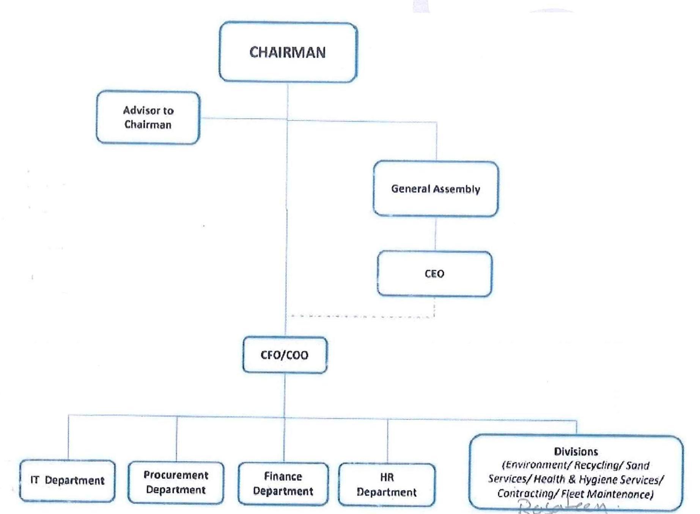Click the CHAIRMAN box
[x=288, y=52]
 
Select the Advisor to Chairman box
[x=148, y=117]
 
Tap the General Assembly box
[x=436, y=189]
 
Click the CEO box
[x=434, y=273]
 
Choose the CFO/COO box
[x=285, y=355]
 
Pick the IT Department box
[x=67, y=481]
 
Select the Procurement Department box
[x=176, y=482]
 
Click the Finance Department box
[x=283, y=484]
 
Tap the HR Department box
[x=387, y=485]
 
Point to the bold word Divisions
[x=576, y=451]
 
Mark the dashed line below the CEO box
[x=360, y=316]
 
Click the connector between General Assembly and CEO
[x=435, y=233]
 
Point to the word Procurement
[x=176, y=475]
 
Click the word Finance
[x=283, y=476]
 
